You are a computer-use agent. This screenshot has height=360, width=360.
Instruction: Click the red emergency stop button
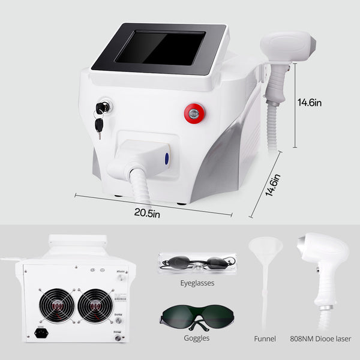point(193,112)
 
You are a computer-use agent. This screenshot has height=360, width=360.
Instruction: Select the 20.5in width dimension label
point(148,212)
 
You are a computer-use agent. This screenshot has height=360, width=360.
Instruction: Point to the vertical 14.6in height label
point(310,103)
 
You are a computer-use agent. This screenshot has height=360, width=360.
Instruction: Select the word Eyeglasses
point(197,281)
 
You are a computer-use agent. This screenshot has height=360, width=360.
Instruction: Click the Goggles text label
point(197,338)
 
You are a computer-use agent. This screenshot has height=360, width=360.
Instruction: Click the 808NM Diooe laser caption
point(319,338)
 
